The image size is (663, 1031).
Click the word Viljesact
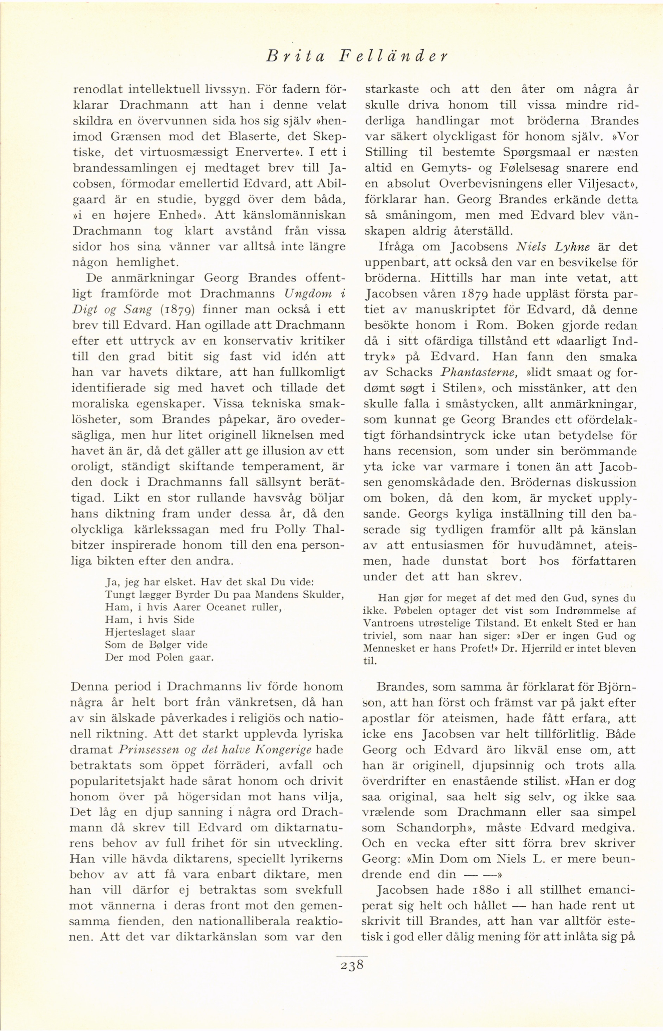pos(605,184)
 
